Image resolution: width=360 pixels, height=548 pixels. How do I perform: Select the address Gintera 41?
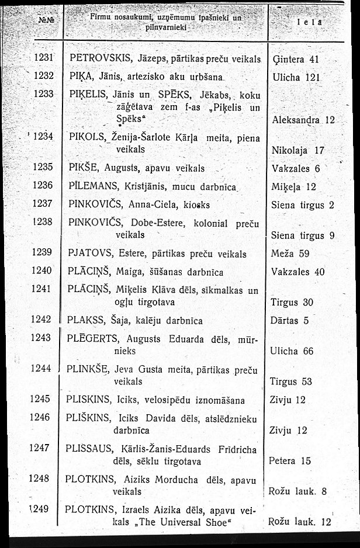(296, 59)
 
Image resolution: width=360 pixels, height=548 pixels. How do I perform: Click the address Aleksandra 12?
(303, 120)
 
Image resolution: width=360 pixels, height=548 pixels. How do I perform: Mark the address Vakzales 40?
(298, 272)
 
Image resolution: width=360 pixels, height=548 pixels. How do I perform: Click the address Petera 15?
(290, 460)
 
